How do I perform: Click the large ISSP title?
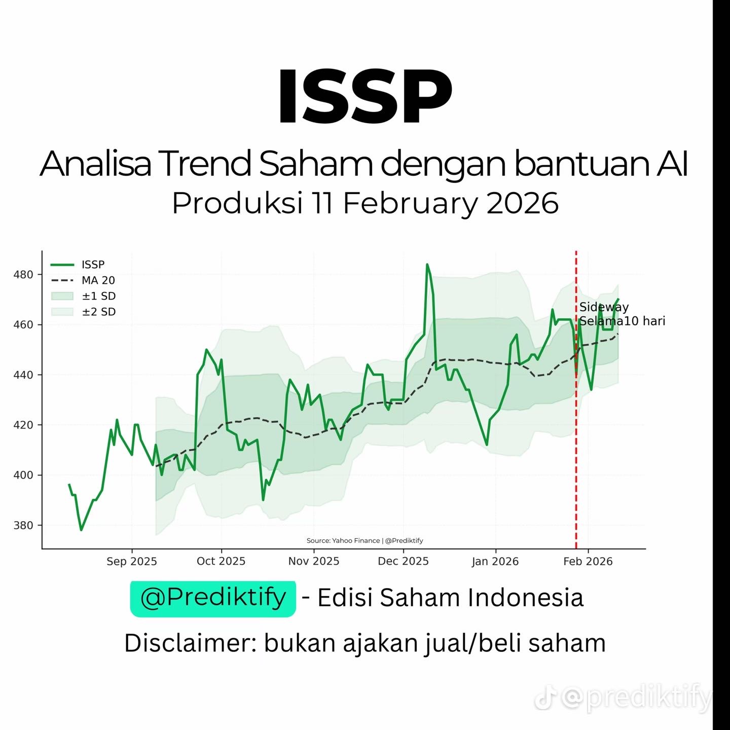pos(365,96)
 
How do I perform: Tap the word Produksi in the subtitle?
pos(237,203)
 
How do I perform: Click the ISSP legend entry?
pos(78,265)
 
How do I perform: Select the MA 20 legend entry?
pos(83,280)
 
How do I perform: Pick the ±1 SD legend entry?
pos(83,296)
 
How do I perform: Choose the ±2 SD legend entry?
pos(83,312)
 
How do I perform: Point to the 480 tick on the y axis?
pos(23,274)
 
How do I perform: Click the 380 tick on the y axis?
pos(23,525)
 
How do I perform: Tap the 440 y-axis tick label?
pos(23,375)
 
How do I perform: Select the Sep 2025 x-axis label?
pos(131,561)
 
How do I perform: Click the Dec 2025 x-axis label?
pos(403,561)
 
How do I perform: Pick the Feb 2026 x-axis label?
pos(588,561)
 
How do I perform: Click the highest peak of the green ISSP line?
pos(427,264)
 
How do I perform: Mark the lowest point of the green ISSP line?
pos(81,530)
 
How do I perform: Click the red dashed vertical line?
pos(576,399)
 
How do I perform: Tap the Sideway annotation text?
pos(604,307)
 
